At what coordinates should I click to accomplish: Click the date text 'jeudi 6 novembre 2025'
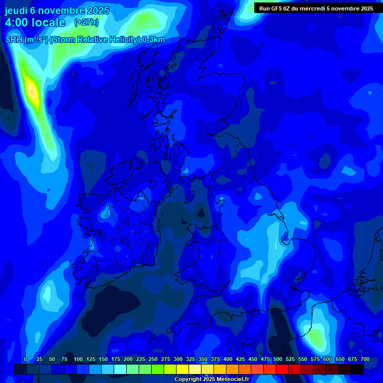click(x=57, y=10)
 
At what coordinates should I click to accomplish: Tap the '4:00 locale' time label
click(x=35, y=22)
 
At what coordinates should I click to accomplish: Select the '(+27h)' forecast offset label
click(x=86, y=22)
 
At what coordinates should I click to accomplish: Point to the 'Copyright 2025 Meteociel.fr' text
click(x=211, y=380)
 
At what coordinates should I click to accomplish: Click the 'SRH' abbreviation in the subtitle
click(x=13, y=40)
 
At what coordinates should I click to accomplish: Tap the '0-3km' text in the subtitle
click(x=154, y=40)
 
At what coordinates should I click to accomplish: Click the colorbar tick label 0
click(x=25, y=359)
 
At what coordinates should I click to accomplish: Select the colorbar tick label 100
click(x=78, y=359)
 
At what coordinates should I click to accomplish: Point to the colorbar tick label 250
click(x=153, y=359)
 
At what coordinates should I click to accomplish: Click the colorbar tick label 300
click(x=178, y=359)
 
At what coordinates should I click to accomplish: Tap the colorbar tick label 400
click(x=228, y=359)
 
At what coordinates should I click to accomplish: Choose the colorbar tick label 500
click(x=278, y=359)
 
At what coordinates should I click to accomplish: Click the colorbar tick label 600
click(x=328, y=359)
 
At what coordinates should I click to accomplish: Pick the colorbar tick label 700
click(x=365, y=359)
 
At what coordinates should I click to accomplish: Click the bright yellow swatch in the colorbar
click(x=183, y=369)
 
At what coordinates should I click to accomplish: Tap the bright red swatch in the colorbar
click(x=282, y=369)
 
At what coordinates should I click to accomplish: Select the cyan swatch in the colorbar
click(x=120, y=369)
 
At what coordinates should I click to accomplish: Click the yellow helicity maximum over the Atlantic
click(x=31, y=91)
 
